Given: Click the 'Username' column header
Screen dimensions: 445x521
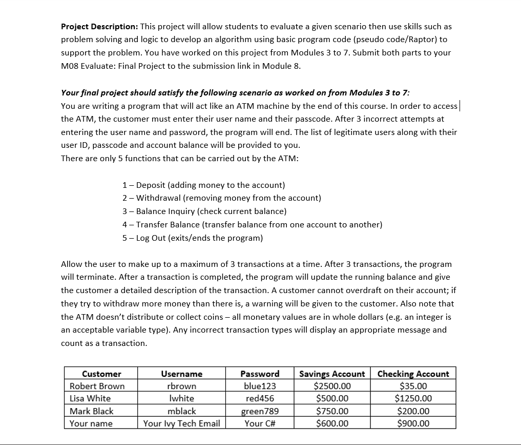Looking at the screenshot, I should pyautogui.click(x=181, y=374).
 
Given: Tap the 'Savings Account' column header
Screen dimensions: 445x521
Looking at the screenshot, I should pyautogui.click(x=332, y=374).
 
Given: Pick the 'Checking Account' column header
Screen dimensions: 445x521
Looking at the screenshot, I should pyautogui.click(x=413, y=374).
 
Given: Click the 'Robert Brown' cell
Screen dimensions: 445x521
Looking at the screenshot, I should pyautogui.click(x=97, y=386).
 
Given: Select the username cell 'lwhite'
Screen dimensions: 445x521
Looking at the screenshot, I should pyautogui.click(x=181, y=398).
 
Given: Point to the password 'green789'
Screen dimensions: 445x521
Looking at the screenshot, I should pyautogui.click(x=260, y=411).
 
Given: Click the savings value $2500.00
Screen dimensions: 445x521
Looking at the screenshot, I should pyautogui.click(x=332, y=386).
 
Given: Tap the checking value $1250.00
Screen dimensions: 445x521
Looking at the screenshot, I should pyautogui.click(x=413, y=398).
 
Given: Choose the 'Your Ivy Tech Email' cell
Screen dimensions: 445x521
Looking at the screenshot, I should pyautogui.click(x=181, y=423).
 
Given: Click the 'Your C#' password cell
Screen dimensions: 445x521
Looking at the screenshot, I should pyautogui.click(x=260, y=423).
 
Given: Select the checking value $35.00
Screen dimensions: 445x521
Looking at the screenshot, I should pyautogui.click(x=413, y=386).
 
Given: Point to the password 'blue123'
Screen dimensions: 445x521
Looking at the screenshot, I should pyautogui.click(x=260, y=386).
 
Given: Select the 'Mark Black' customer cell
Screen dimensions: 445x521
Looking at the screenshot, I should pyautogui.click(x=92, y=411).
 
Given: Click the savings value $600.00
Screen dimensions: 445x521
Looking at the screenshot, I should pyautogui.click(x=332, y=423).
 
